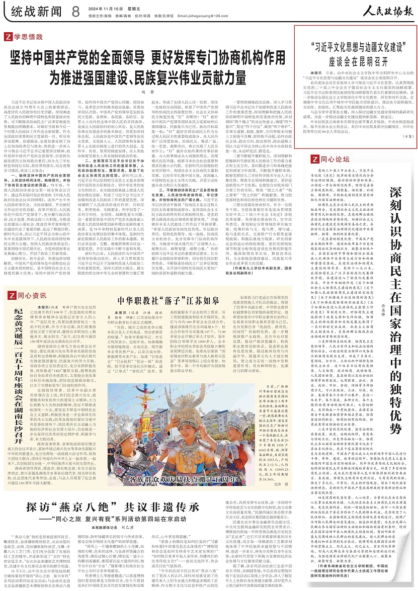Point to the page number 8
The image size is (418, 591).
click(x=75, y=10)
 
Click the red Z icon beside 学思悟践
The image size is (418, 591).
click(x=9, y=36)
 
